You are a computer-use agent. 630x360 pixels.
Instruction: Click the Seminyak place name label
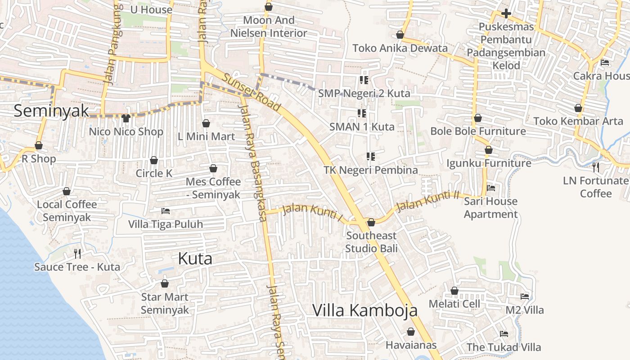tap(51, 111)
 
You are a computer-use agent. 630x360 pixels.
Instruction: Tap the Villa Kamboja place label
tap(365, 310)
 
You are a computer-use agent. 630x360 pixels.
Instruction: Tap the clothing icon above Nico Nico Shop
tap(126, 118)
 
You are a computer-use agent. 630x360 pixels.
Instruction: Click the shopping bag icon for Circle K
tap(154, 161)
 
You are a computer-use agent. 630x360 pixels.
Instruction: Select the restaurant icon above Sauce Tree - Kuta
tap(77, 254)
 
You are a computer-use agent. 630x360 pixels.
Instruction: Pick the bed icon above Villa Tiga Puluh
tap(166, 211)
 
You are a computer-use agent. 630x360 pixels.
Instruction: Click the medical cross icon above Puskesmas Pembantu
tap(506, 13)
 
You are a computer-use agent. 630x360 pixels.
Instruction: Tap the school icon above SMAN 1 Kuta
tap(362, 113)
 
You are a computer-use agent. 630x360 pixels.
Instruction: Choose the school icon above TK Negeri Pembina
tap(371, 157)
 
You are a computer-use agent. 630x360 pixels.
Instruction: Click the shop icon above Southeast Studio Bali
tap(371, 222)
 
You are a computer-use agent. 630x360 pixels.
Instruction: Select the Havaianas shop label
tap(411, 345)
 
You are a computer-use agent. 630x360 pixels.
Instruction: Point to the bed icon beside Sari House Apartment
tap(491, 188)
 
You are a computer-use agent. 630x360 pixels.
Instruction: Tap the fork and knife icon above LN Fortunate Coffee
tap(596, 167)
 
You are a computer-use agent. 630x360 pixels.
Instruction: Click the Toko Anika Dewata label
tap(400, 48)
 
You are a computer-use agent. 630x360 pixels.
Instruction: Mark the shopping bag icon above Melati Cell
tap(454, 291)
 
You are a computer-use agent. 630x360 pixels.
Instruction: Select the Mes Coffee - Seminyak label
tap(213, 188)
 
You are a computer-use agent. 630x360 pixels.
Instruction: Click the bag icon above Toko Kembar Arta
tap(578, 108)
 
